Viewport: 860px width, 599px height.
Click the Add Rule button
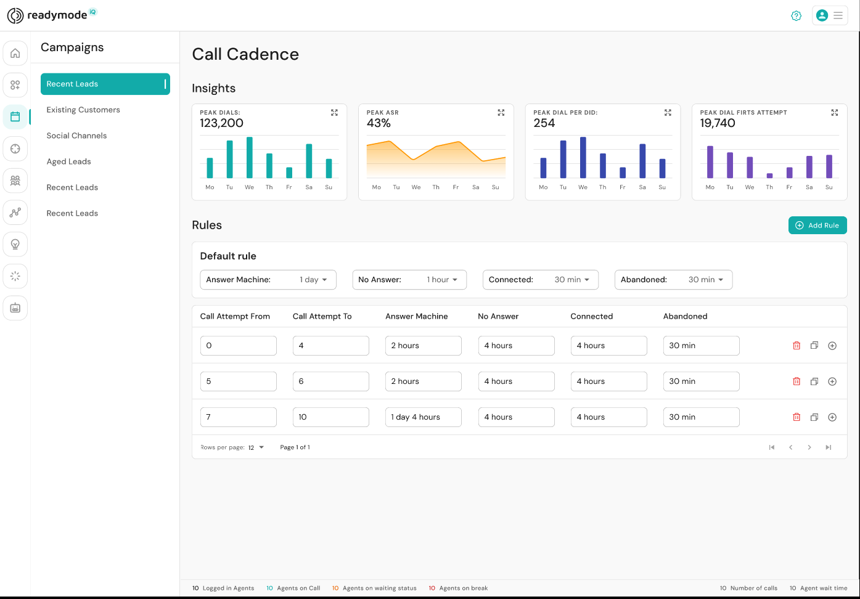[817, 226]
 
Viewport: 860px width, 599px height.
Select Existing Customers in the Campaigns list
[83, 110]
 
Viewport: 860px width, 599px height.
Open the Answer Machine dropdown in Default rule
[268, 280]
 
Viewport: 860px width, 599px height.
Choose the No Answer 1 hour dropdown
[409, 280]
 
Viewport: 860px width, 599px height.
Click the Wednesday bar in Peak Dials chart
[250, 158]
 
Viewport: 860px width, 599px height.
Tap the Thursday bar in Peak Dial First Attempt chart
[769, 176]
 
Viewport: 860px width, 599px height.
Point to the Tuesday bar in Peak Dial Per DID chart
[563, 160]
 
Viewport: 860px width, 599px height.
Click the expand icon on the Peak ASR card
[501, 113]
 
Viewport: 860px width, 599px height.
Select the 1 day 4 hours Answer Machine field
[423, 417]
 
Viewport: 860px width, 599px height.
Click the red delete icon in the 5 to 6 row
[797, 381]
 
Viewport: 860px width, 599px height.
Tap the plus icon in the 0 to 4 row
[832, 346]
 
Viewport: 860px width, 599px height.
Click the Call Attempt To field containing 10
[330, 417]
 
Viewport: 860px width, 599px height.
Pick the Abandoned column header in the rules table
[685, 316]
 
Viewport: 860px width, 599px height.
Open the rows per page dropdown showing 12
[256, 447]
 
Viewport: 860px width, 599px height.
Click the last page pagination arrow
[828, 447]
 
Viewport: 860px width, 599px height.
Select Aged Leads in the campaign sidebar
[69, 161]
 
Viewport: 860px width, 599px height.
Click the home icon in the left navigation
[15, 53]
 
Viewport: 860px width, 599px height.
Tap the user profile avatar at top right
[822, 15]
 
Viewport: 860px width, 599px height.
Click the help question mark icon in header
[796, 16]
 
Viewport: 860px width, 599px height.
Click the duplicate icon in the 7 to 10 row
[814, 417]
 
